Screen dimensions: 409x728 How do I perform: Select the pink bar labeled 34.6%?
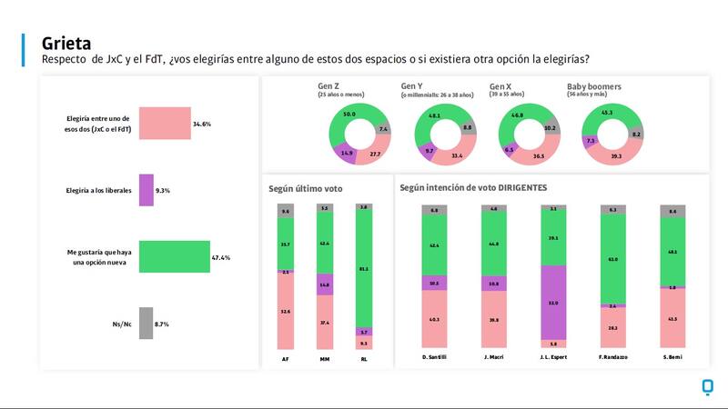tap(165, 123)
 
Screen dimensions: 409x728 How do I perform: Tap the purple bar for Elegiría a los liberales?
tap(146, 191)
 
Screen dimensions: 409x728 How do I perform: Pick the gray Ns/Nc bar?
tap(146, 324)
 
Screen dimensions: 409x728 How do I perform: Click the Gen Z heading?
tap(328, 86)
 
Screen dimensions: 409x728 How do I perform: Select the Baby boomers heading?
tap(594, 86)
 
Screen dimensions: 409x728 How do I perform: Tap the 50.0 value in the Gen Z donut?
tap(349, 115)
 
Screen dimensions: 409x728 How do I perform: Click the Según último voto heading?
tap(306, 188)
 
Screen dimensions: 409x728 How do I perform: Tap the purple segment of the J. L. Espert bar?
tap(554, 303)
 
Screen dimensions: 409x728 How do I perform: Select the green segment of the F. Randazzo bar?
tap(614, 259)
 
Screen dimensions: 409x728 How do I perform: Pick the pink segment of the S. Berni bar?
tap(672, 319)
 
